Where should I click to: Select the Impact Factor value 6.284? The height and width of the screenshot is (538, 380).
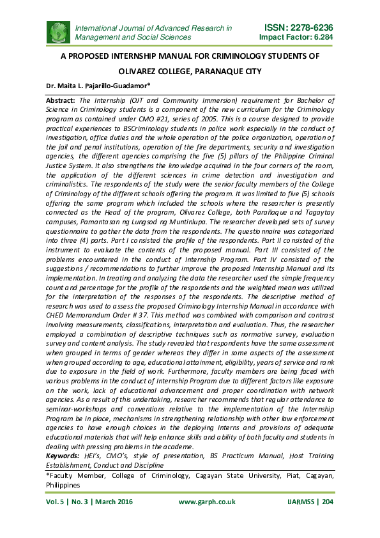pos(320,38)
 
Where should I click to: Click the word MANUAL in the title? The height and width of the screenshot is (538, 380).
pos(160,57)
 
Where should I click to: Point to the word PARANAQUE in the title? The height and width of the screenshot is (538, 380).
pos(213,71)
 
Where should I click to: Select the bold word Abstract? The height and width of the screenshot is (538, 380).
pos(61,101)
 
